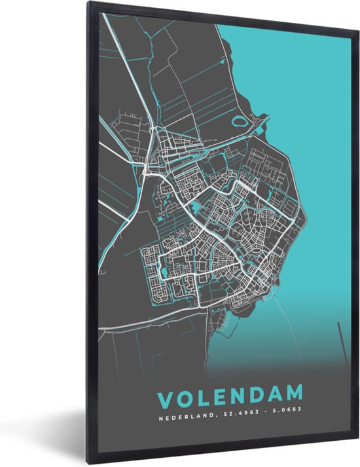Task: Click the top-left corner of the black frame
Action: tap(88, 3)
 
